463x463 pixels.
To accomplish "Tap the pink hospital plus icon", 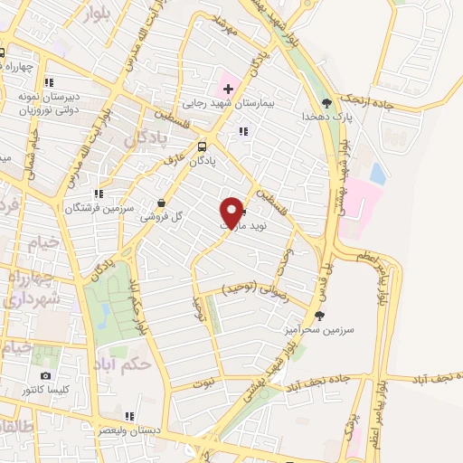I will pos(227,90).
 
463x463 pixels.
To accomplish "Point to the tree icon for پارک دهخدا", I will pos(326,103).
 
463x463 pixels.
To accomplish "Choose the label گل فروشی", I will pos(163,217).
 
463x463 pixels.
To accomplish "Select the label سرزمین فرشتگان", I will pos(99,207).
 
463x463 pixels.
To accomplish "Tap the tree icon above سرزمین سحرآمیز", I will pos(318,316).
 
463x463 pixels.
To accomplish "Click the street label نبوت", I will pos(204,383).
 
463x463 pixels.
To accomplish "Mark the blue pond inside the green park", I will pos(106,315).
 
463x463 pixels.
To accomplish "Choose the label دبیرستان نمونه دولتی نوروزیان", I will pos(49,101).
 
